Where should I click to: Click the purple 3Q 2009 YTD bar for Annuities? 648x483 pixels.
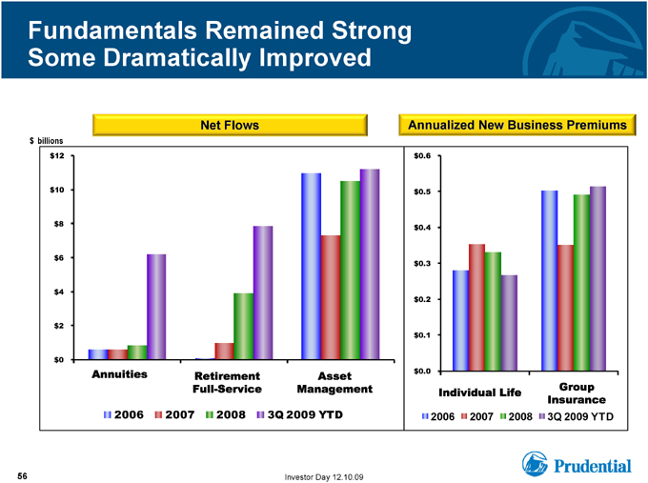(x=156, y=307)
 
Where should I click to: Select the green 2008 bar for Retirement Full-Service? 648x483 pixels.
(x=243, y=326)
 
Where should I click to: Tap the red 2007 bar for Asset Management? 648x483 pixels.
(x=331, y=297)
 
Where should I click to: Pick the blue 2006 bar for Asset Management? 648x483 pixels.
(x=312, y=266)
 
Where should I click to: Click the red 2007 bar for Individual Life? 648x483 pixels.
(x=476, y=308)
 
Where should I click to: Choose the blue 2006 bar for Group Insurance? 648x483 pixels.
(x=550, y=280)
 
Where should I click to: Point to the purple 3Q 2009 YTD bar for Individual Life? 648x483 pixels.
(x=509, y=323)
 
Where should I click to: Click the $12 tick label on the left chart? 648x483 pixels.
(x=57, y=156)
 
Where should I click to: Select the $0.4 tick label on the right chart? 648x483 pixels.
(x=422, y=228)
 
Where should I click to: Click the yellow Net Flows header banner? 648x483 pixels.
(x=230, y=125)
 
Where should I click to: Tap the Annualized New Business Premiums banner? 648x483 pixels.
(x=517, y=125)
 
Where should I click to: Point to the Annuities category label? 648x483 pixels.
(x=119, y=374)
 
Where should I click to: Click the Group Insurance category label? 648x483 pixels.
(x=577, y=393)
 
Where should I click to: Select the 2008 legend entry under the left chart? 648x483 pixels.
(x=226, y=414)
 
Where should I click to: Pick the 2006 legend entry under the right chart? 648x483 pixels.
(x=438, y=416)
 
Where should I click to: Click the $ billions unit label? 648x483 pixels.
(x=47, y=141)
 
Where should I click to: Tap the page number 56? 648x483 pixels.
(x=22, y=476)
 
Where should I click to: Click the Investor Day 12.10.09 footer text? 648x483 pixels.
(x=324, y=477)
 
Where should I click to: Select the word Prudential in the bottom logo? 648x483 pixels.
(x=593, y=466)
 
